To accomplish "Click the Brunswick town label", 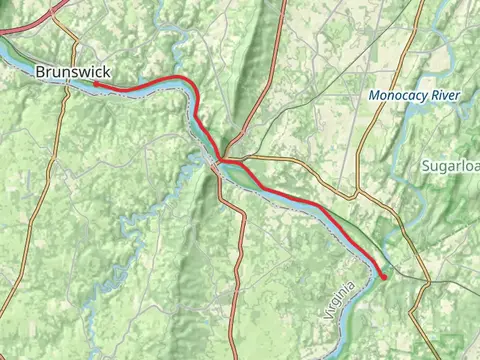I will click(x=72, y=72).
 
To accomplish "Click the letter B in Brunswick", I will click(x=40, y=72).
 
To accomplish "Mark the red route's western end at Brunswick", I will click(x=97, y=85).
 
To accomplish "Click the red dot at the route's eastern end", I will click(x=383, y=276).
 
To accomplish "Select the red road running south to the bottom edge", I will click(x=237, y=280).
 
